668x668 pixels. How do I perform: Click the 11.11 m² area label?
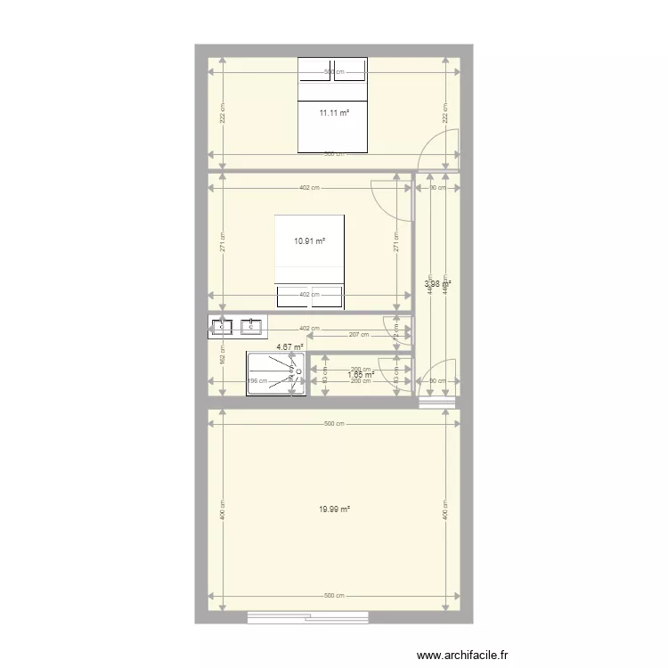click(333, 112)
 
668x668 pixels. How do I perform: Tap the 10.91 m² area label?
click(309, 241)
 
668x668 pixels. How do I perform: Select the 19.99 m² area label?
click(334, 509)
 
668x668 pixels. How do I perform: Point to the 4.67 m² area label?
click(289, 347)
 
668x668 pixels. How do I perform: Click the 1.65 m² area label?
click(360, 375)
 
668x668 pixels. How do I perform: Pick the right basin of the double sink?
click(253, 328)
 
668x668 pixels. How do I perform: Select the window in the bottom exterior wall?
click(307, 615)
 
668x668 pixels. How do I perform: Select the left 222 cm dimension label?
click(222, 113)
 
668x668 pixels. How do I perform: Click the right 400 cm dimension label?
click(444, 509)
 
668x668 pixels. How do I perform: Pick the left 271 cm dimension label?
click(222, 240)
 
